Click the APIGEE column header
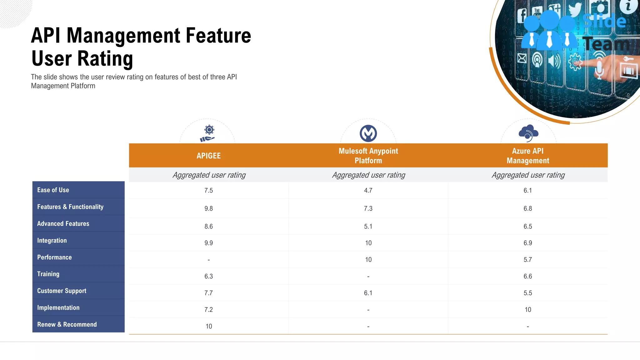click(208, 156)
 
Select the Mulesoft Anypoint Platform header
click(368, 156)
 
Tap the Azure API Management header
click(527, 156)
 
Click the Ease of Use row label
click(53, 190)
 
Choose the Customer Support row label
click(62, 291)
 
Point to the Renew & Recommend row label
click(67, 324)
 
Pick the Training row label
click(48, 274)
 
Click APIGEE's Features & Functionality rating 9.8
click(208, 208)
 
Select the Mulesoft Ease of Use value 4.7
click(368, 190)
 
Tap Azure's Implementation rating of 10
click(527, 310)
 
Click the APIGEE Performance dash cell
click(208, 260)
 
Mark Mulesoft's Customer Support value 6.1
click(368, 293)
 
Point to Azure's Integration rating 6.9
click(527, 243)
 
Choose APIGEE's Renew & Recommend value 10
click(208, 326)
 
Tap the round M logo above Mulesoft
click(368, 133)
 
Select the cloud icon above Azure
click(528, 133)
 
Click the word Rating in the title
click(105, 59)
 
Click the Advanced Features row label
click(63, 224)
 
